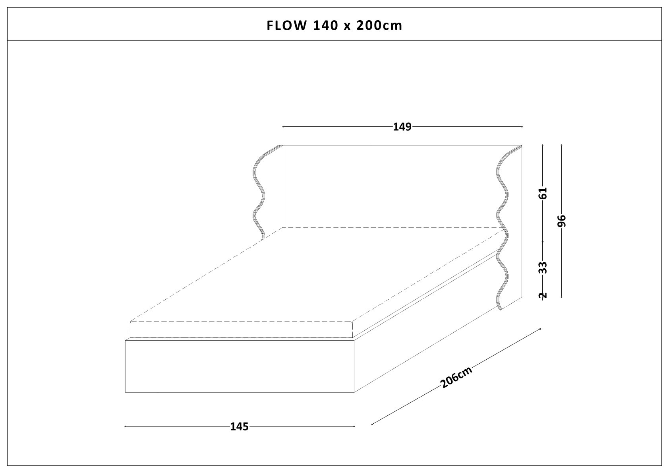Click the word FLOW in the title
coord(286,25)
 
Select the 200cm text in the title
coord(379,25)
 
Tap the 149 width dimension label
coord(402,127)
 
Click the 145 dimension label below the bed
coord(239,427)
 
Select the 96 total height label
coord(561,221)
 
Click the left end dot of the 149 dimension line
coord(283,127)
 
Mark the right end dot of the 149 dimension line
coord(522,127)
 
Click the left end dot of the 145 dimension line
coord(125,426)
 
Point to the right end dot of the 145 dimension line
coord(354,426)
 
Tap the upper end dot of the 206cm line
coord(540,329)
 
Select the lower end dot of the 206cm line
coord(372,424)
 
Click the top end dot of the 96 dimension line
coord(561,145)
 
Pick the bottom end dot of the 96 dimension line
coord(561,297)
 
